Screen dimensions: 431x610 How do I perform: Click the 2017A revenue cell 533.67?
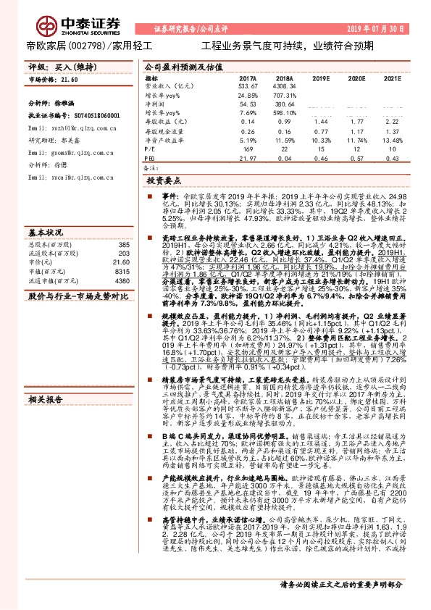click(248, 85)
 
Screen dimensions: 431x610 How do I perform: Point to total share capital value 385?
click(123, 245)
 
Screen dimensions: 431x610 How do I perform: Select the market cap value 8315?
click(121, 271)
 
